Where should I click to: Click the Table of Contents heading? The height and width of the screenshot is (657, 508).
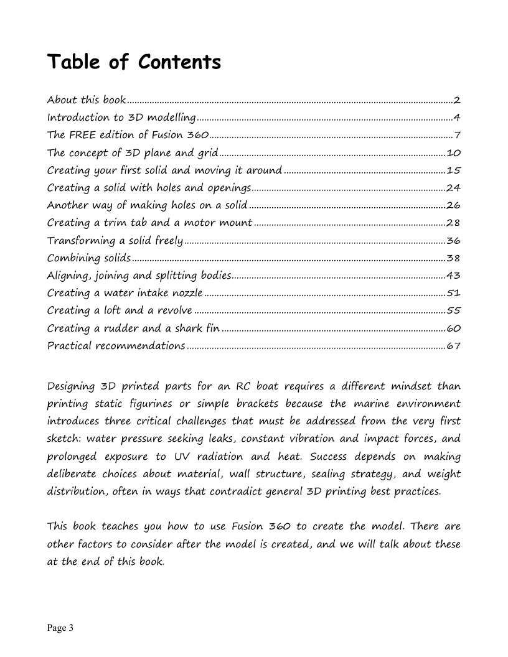pos(134,63)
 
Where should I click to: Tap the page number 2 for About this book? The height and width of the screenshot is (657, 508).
pos(456,100)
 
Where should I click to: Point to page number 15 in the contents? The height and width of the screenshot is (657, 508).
pos(453,170)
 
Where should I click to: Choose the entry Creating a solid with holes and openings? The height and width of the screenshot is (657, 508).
pos(149,188)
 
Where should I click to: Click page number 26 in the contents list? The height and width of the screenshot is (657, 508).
pos(453,205)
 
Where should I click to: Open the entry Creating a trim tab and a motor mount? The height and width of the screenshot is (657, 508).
pos(149,223)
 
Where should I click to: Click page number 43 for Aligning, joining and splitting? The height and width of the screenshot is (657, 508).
pos(453,276)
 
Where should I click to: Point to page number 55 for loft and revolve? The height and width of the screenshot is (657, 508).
pos(453,310)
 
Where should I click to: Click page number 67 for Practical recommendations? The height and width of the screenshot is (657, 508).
pos(453,346)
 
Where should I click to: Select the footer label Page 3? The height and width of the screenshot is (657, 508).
pos(60,628)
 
